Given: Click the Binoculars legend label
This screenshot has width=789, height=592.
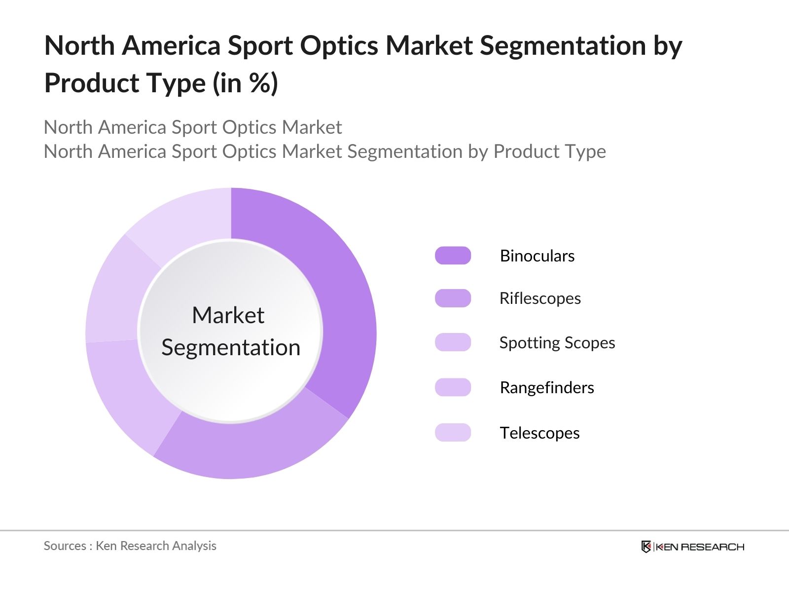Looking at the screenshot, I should [537, 256].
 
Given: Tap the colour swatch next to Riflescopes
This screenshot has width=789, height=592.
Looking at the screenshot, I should [453, 298].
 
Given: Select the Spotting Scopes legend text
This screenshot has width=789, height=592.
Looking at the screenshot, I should [557, 343].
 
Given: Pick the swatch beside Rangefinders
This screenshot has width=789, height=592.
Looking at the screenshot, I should [453, 387].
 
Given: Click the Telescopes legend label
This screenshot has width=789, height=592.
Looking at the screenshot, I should [539, 433].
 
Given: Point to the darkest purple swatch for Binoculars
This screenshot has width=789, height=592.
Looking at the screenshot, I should [453, 256].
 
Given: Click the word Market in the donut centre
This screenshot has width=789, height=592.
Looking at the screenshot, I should [228, 315].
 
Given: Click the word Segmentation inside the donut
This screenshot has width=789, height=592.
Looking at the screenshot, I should [231, 348].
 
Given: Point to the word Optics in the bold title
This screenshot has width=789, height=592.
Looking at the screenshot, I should [339, 46].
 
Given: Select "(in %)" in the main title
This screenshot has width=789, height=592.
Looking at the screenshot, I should [245, 83].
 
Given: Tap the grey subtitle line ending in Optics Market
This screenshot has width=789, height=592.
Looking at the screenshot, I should [192, 127].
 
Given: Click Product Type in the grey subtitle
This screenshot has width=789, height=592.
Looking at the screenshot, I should [549, 151].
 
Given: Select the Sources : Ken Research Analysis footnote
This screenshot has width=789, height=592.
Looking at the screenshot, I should [130, 546].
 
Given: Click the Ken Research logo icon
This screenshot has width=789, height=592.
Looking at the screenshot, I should [646, 547].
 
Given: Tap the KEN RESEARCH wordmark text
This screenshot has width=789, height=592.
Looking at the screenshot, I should [699, 547].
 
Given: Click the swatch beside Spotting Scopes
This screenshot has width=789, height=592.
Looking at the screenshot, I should [453, 342].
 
